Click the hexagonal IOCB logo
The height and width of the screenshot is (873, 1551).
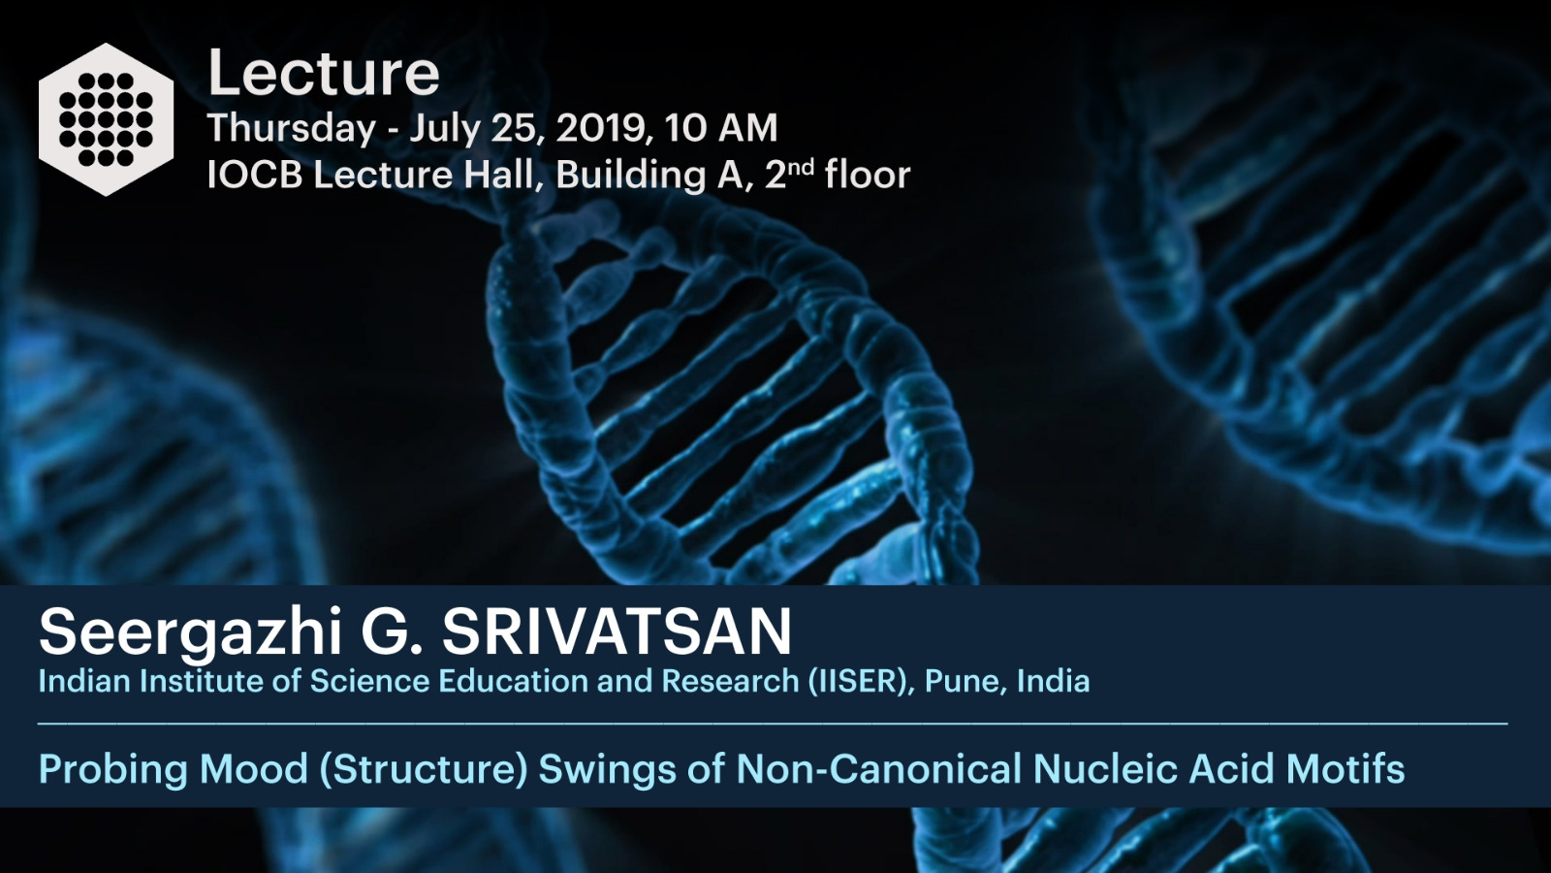pos(106,119)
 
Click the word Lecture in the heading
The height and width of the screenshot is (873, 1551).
pos(324,73)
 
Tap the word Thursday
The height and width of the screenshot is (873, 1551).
pos(292,129)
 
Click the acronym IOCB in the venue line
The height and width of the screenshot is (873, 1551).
pos(255,175)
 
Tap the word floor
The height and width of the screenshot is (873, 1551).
pos(868,174)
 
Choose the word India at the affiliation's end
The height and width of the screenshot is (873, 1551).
pos(1054,681)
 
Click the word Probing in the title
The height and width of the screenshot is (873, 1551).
pos(113,770)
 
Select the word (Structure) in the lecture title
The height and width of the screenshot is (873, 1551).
pos(423,770)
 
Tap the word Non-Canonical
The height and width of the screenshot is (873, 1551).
pos(878,769)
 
